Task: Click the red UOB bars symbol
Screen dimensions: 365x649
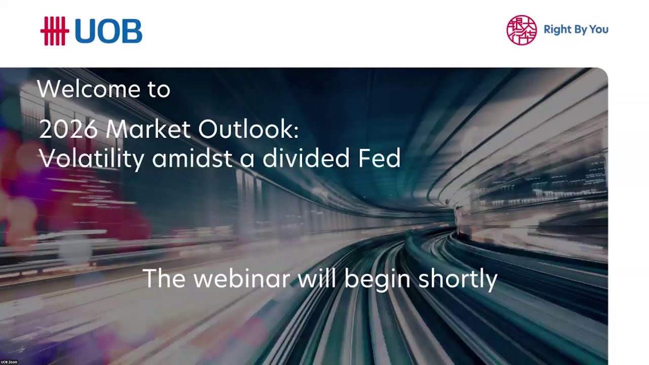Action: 54,31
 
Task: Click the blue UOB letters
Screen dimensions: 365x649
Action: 108,31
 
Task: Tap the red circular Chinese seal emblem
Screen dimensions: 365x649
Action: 521,30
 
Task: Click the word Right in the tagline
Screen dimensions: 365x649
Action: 557,29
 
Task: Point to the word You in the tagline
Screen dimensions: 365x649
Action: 599,29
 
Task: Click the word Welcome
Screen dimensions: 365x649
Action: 88,89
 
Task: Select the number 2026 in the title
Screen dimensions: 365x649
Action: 68,130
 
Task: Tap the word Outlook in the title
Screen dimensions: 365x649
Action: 248,130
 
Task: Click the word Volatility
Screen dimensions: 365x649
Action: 91,159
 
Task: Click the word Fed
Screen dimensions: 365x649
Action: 379,159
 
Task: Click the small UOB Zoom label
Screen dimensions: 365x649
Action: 9,362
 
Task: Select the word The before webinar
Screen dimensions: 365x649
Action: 165,279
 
